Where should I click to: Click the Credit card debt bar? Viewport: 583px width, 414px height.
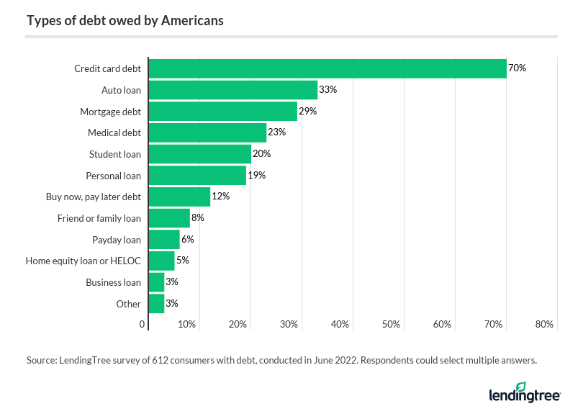pyautogui.click(x=327, y=68)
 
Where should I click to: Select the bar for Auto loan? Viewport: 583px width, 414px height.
pyautogui.click(x=232, y=90)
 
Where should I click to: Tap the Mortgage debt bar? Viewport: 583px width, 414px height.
pyautogui.click(x=222, y=112)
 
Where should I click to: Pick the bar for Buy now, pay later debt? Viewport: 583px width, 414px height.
pyautogui.click(x=179, y=197)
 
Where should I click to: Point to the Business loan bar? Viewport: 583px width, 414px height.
pyautogui.click(x=156, y=282)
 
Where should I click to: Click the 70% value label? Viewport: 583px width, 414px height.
pyautogui.click(x=518, y=68)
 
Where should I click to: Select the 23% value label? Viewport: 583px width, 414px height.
pyautogui.click(x=277, y=132)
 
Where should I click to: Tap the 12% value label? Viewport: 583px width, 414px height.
pyautogui.click(x=220, y=197)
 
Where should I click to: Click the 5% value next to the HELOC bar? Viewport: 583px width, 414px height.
pyautogui.click(x=182, y=261)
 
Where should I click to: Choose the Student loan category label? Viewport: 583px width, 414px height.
pyautogui.click(x=115, y=154)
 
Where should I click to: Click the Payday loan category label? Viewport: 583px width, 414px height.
pyautogui.click(x=117, y=240)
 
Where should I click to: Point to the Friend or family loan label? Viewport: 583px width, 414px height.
pyautogui.click(x=99, y=218)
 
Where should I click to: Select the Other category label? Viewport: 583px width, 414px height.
pyautogui.click(x=129, y=304)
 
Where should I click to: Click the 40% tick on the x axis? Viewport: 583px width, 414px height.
pyautogui.click(x=340, y=325)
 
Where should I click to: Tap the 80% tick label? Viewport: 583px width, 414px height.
pyautogui.click(x=544, y=325)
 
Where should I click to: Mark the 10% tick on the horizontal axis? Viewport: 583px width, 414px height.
pyautogui.click(x=187, y=325)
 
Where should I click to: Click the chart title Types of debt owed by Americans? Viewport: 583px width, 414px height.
pyautogui.click(x=125, y=20)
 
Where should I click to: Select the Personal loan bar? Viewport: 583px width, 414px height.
pyautogui.click(x=197, y=176)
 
